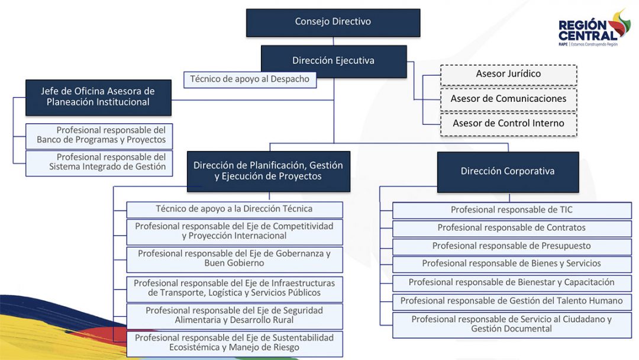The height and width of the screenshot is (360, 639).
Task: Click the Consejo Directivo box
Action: click(333, 22)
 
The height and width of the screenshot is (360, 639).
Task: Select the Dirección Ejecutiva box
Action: click(333, 61)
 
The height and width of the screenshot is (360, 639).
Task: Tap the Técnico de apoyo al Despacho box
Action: click(250, 79)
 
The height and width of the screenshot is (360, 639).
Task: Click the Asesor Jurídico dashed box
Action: click(508, 75)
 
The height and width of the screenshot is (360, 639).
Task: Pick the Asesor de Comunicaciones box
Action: click(508, 99)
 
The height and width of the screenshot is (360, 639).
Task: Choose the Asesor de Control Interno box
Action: click(508, 124)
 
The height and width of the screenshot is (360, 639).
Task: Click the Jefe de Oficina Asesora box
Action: click(98, 97)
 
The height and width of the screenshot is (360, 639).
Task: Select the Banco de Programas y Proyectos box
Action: click(99, 136)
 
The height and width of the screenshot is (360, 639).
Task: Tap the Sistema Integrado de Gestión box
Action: click(99, 162)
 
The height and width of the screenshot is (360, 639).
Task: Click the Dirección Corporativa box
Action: click(508, 172)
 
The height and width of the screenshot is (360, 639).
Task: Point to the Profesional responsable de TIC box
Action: click(512, 210)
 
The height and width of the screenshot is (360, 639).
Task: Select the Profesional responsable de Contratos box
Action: click(512, 228)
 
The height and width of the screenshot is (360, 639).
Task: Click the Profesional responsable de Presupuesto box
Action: click(512, 246)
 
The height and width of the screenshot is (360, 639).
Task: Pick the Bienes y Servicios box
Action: click(512, 264)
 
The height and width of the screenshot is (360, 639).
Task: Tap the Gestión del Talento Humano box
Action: click(512, 301)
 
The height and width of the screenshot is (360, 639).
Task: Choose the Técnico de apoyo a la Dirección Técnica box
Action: click(234, 209)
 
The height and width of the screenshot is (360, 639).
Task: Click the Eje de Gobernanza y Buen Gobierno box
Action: click(234, 259)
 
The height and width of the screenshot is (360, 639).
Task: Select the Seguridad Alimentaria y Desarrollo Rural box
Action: click(234, 316)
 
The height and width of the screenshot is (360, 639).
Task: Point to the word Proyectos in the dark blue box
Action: click(299, 176)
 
